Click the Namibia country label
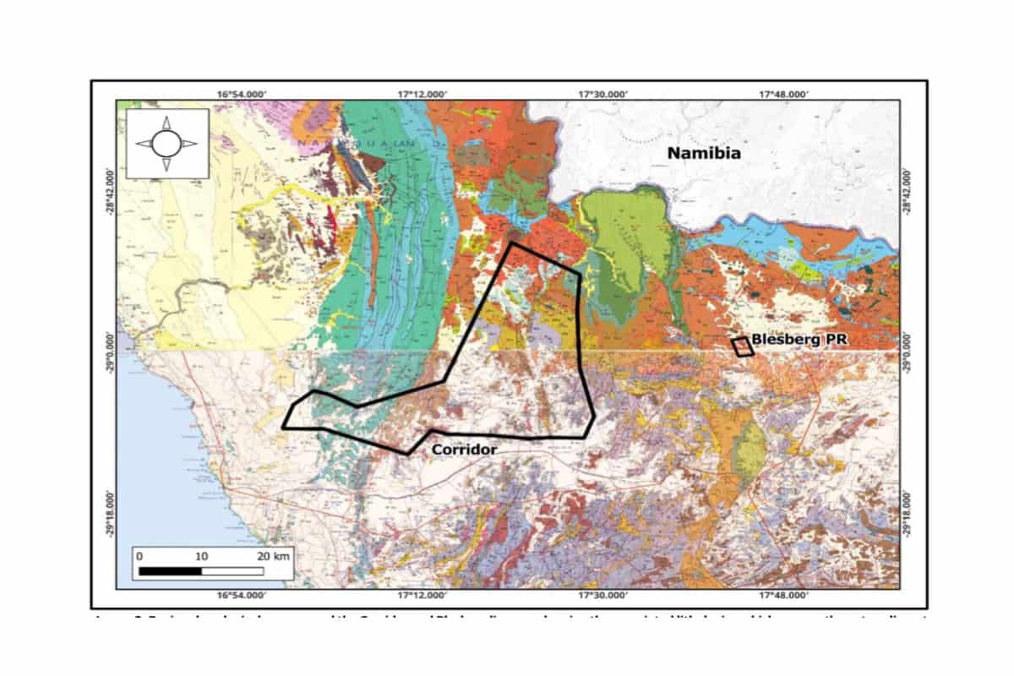[703, 153]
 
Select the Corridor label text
[464, 450]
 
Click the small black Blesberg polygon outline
[742, 346]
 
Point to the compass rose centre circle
[166, 144]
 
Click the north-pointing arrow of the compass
[166, 123]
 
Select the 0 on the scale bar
[139, 556]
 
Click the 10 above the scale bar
[201, 556]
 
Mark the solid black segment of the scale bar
[170, 571]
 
